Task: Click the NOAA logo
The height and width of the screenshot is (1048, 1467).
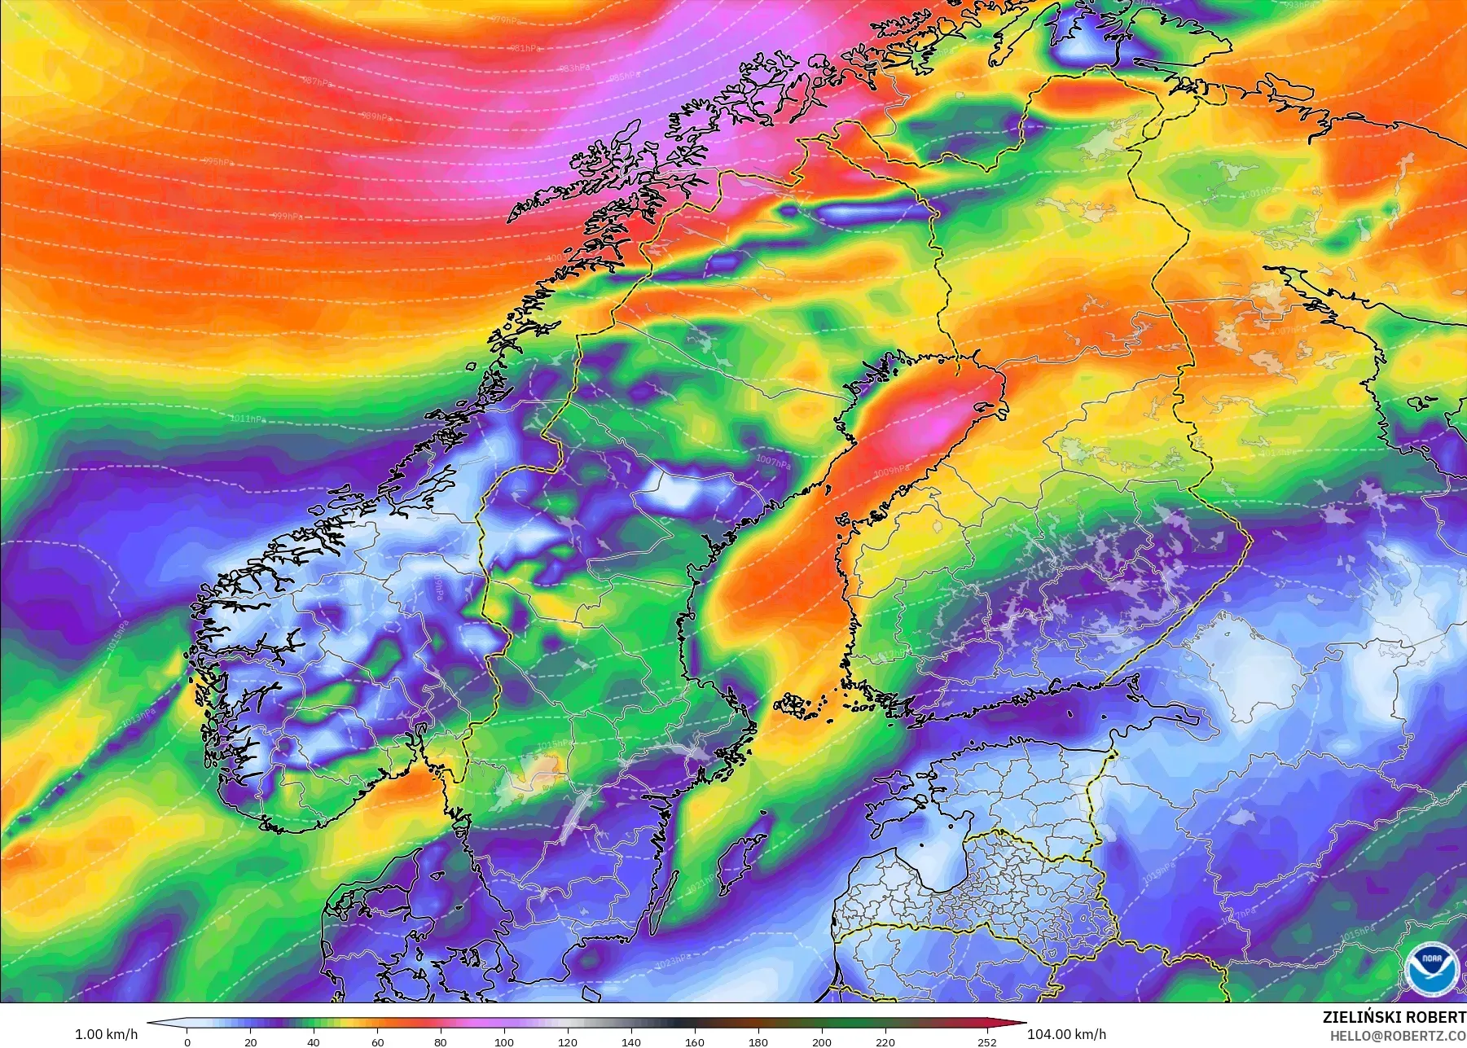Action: point(1430,967)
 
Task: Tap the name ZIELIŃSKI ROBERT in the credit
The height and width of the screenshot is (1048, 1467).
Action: point(1394,1017)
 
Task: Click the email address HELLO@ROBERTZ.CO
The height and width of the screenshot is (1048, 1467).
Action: point(1398,1036)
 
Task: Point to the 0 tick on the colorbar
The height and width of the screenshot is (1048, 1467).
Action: point(187,1041)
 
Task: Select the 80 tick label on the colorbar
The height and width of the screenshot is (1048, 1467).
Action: point(441,1041)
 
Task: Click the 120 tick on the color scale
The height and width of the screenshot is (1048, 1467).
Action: point(568,1041)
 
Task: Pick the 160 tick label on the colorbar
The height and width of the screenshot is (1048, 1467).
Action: point(695,1041)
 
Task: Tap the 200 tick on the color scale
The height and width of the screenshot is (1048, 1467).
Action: point(822,1041)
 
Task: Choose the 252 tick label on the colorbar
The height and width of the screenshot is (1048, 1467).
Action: point(986,1041)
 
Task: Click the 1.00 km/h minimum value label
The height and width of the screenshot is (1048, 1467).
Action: point(106,1034)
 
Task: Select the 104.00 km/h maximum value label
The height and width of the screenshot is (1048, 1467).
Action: point(1066,1034)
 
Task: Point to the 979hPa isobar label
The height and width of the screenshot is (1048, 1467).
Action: point(507,20)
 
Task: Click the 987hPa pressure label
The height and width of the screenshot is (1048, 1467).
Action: point(318,81)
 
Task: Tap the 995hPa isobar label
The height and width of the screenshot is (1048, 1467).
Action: point(217,162)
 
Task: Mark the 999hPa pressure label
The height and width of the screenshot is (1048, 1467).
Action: point(287,217)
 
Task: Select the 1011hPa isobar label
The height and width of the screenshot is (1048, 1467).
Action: point(248,419)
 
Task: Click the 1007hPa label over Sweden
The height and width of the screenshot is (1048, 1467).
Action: point(773,463)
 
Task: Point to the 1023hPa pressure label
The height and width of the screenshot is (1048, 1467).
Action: point(673,962)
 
